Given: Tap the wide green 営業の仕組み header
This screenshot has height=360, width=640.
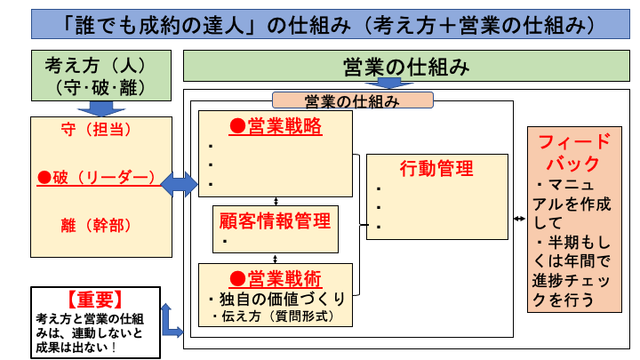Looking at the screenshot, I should pyautogui.click(x=405, y=68).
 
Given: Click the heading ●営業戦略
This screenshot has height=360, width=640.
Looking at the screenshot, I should pyautogui.click(x=276, y=126).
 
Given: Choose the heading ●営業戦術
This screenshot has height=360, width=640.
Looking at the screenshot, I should pyautogui.click(x=276, y=277).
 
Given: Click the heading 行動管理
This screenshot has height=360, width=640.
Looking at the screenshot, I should pyautogui.click(x=436, y=168).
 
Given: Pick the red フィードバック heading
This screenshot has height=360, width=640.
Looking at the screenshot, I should pyautogui.click(x=575, y=152).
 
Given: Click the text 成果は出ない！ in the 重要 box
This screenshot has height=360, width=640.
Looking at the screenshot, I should pyautogui.click(x=78, y=346).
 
